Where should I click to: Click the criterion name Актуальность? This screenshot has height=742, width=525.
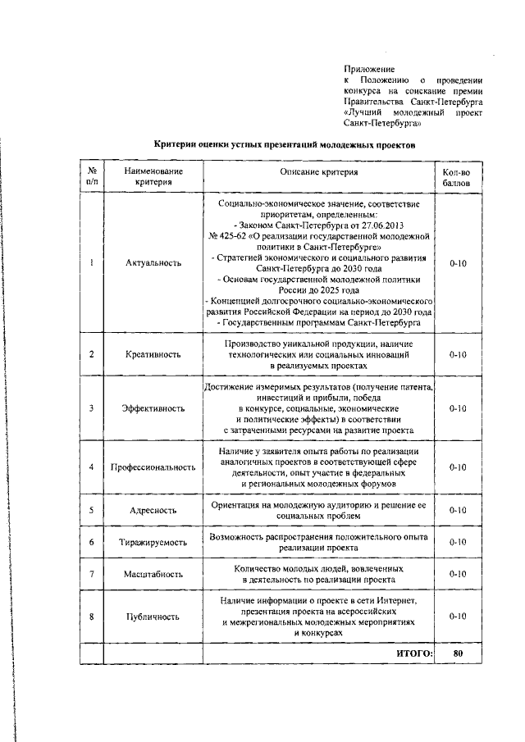[x=153, y=263]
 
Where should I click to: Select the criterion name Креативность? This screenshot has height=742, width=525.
[x=153, y=354]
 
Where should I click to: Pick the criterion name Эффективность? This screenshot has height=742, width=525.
[x=153, y=407]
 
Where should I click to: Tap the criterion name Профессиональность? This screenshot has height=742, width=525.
[x=153, y=467]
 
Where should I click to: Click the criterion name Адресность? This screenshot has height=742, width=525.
[x=153, y=510]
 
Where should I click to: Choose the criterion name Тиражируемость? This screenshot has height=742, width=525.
[x=153, y=543]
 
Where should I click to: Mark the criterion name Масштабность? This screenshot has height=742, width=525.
[x=153, y=575]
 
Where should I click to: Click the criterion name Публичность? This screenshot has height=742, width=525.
[x=153, y=617]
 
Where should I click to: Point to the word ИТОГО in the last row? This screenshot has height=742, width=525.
[x=413, y=653]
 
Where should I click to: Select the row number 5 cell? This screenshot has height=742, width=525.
[x=91, y=510]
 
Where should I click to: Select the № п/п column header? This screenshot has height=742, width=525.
[x=91, y=176]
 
